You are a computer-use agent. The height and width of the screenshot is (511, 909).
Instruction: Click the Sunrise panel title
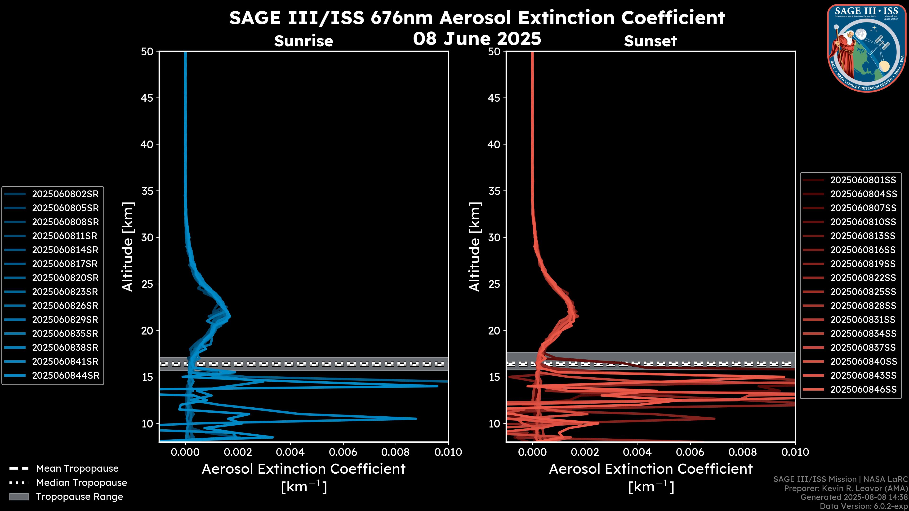coord(303,41)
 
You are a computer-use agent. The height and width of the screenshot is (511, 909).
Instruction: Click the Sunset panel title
coord(650,41)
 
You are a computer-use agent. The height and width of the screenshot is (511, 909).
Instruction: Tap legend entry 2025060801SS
coord(863,180)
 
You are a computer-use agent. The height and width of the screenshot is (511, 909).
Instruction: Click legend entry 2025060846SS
coord(863,389)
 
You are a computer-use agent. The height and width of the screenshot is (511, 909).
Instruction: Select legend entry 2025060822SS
coord(863,278)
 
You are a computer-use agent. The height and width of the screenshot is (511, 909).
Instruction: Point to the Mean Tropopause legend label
coord(77,469)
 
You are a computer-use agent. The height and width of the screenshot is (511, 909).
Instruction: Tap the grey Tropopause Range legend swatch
coord(19,497)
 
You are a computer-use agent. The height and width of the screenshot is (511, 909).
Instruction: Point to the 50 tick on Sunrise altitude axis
coord(147,52)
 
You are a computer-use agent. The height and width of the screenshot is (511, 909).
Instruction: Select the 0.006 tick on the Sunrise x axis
coord(343,452)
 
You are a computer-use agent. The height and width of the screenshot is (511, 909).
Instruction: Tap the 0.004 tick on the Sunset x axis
coord(637,452)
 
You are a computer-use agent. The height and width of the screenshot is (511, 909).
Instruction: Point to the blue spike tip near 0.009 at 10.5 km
coord(416,418)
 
